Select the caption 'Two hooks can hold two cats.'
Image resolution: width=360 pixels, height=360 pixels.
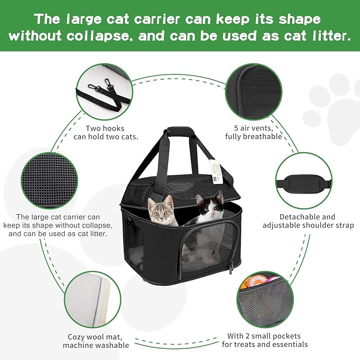(112, 133)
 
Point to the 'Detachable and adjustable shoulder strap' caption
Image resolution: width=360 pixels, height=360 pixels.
(308, 221)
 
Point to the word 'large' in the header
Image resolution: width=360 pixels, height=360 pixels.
(94, 19)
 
